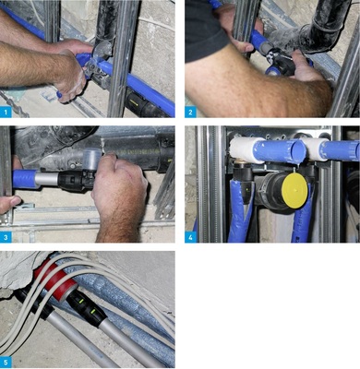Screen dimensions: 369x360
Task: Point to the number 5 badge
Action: (7, 362)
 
